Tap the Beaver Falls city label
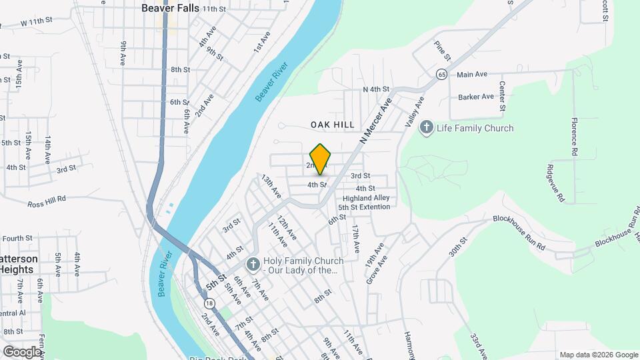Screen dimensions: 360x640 [x=171, y=9]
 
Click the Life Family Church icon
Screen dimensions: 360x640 [x=427, y=128]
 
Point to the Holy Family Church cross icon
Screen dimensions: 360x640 [x=253, y=265]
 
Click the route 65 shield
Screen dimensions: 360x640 [x=441, y=75]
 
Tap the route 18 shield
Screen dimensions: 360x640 [x=211, y=303]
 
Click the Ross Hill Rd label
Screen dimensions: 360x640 [x=47, y=200]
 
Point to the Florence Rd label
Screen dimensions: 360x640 [x=573, y=137]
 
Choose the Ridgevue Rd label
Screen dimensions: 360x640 [x=555, y=183]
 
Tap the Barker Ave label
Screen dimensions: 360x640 [x=476, y=97]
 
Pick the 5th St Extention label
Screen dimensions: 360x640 [x=364, y=207]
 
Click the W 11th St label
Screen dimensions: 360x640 [x=37, y=22]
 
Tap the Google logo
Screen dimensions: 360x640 [x=22, y=351]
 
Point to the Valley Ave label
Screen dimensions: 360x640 [x=415, y=112]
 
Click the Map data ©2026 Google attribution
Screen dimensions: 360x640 [x=598, y=355]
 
